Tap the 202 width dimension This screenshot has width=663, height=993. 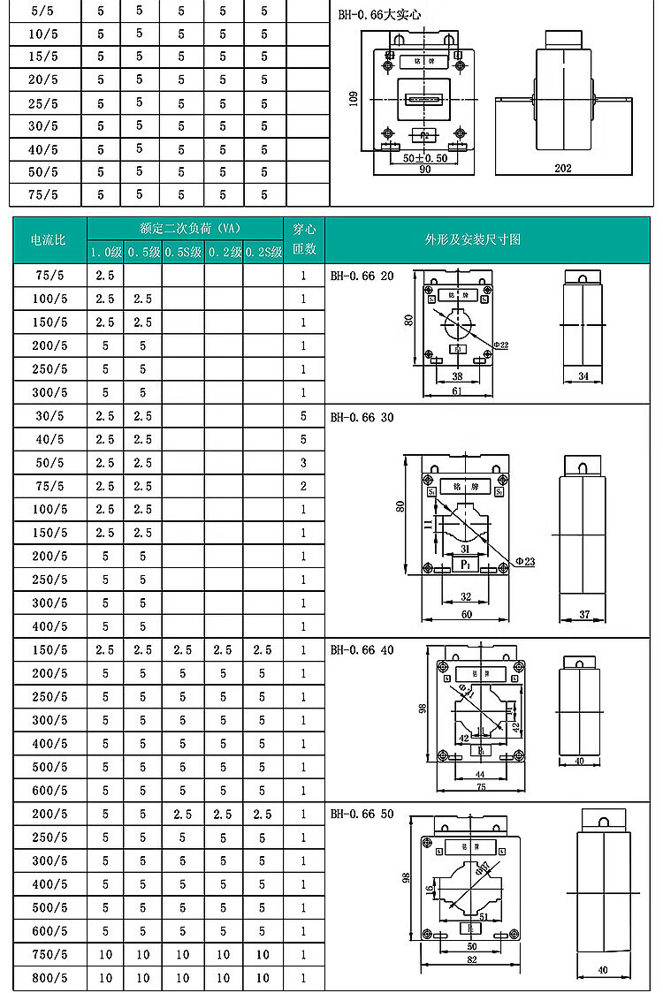[563, 168]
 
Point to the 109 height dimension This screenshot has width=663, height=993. [354, 101]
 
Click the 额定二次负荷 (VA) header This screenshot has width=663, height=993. [185, 227]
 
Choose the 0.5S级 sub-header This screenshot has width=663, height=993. [183, 252]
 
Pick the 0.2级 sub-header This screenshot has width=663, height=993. [224, 252]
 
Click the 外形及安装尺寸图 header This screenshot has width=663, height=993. [472, 239]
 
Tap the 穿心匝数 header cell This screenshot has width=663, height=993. [304, 239]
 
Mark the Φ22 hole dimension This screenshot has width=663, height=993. [500, 344]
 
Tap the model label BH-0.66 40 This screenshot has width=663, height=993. [362, 649]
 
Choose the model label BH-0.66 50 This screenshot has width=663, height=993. [362, 814]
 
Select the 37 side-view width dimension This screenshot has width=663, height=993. [584, 614]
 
